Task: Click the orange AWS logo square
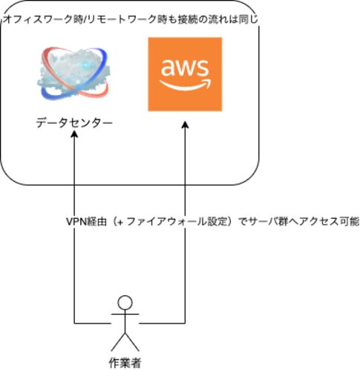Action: tap(185, 74)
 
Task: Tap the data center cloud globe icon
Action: tap(73, 74)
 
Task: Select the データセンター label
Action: tap(74, 123)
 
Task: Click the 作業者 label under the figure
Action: tap(125, 363)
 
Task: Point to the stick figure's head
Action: tap(125, 303)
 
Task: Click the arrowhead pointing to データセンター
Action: tap(74, 134)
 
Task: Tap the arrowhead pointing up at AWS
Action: tap(185, 125)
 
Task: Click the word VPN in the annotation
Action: tap(76, 222)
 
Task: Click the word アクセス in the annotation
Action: tap(319, 222)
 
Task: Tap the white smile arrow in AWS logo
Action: tap(185, 85)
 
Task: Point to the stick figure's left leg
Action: tap(118, 342)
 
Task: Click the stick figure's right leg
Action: tap(132, 342)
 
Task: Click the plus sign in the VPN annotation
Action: tap(120, 222)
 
